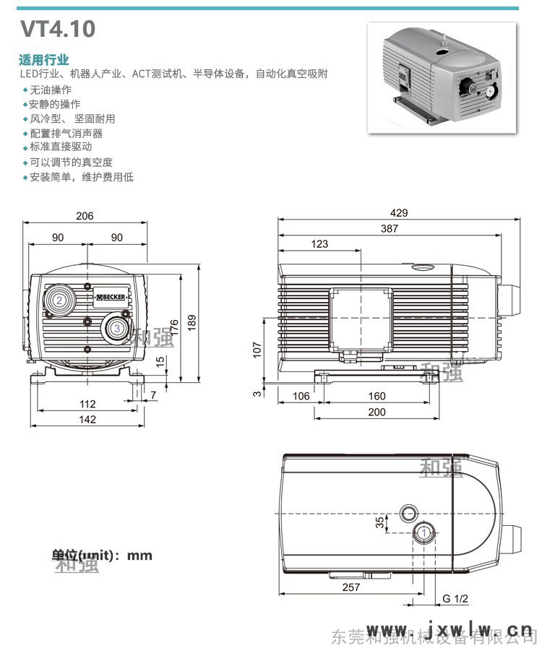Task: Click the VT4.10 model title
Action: click(x=57, y=29)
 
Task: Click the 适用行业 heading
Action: click(x=43, y=60)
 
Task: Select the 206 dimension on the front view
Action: click(x=85, y=216)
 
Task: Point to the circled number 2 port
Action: click(x=59, y=299)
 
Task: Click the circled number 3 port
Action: click(x=116, y=328)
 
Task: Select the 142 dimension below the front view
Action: click(x=87, y=420)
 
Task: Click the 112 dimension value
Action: click(x=87, y=404)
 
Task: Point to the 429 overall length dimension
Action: click(x=399, y=212)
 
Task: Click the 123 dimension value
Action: click(x=319, y=244)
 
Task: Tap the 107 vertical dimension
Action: click(x=256, y=349)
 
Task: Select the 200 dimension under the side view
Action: click(x=377, y=412)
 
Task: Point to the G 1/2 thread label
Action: click(x=456, y=599)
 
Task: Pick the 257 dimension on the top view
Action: click(x=350, y=587)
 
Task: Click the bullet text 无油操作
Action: click(x=51, y=90)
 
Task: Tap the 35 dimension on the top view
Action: click(x=380, y=522)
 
